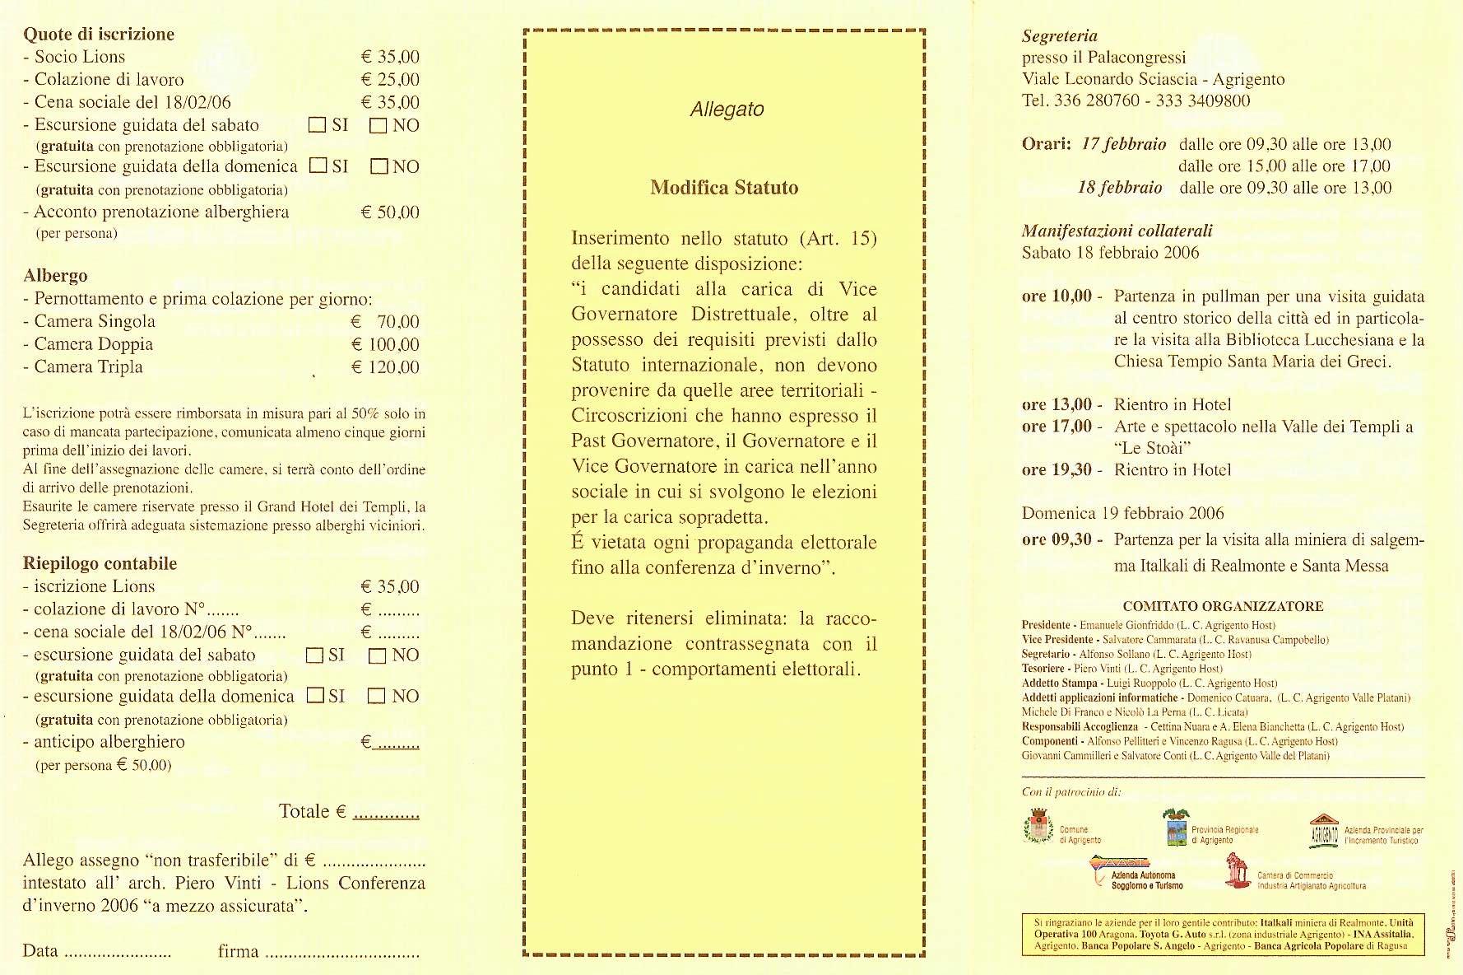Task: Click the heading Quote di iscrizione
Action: coord(99,35)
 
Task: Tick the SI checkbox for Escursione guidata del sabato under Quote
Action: coord(317,125)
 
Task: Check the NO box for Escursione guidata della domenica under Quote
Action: coord(379,167)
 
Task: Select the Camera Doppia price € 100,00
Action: coord(385,344)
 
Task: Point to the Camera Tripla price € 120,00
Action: coord(385,367)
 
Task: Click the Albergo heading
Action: coord(55,276)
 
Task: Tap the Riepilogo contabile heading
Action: coord(100,564)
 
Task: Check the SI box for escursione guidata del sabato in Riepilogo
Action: coord(314,655)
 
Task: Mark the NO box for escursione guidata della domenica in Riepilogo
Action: coord(377,697)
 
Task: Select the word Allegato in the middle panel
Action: coord(727,110)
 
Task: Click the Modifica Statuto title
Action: coord(724,188)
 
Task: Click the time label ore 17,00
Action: coord(1057,427)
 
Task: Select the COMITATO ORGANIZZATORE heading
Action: coord(1223,607)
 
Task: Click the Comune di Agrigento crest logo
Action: coord(1038,827)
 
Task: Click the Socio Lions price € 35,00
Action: coord(390,57)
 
